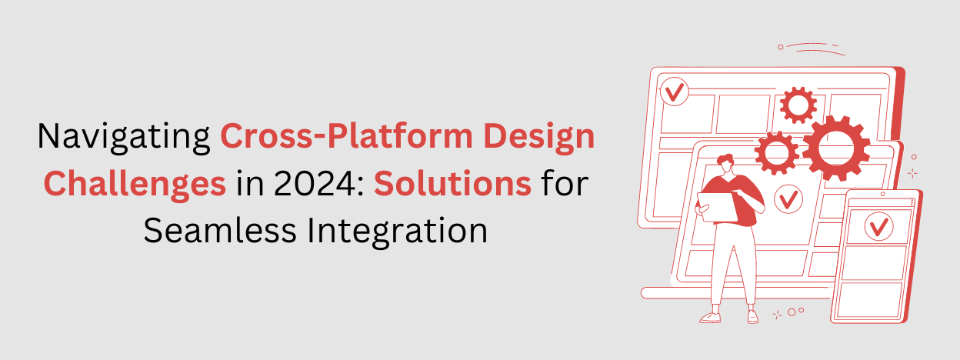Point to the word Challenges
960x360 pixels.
[135, 185]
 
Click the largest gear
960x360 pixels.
[835, 148]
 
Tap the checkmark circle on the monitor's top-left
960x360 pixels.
[675, 93]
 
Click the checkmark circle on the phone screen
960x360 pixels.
[878, 226]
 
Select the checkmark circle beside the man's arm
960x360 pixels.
[787, 201]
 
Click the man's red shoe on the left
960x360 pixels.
[709, 317]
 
